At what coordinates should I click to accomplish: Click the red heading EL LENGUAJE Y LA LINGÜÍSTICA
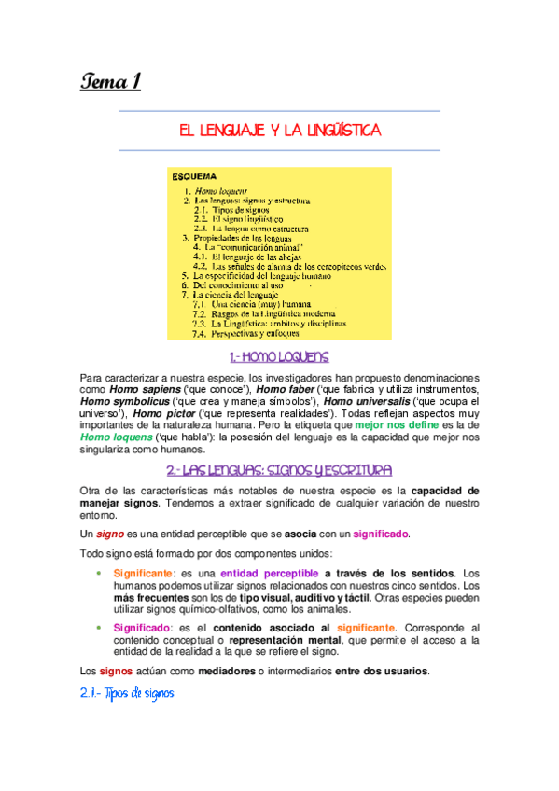tap(280, 131)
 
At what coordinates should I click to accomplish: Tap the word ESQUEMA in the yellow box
tap(194, 175)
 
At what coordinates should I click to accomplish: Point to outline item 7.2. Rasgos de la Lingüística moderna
tap(267, 312)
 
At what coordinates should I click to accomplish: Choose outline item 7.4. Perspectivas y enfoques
tap(246, 333)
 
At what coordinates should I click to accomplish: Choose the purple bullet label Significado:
tap(142, 627)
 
